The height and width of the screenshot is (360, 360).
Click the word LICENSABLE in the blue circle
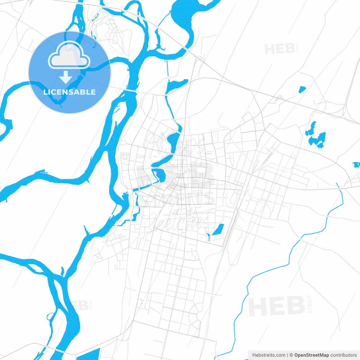click(x=69, y=92)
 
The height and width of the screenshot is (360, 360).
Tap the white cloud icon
click(x=69, y=55)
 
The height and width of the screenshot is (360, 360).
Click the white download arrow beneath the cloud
click(x=66, y=77)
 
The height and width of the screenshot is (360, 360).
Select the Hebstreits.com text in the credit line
click(x=269, y=355)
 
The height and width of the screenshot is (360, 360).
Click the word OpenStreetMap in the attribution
click(x=311, y=355)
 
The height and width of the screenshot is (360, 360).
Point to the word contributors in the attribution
click(x=343, y=355)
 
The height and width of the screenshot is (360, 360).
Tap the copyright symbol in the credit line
click(x=291, y=355)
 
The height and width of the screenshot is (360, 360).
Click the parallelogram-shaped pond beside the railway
click(x=218, y=229)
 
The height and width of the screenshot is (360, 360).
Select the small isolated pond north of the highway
click(x=302, y=89)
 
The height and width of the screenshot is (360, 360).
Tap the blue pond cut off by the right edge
click(x=357, y=165)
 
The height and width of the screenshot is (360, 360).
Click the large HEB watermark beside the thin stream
click(x=277, y=306)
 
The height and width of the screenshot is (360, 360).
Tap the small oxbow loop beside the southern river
click(x=51, y=316)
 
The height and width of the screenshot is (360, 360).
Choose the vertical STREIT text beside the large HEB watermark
click(x=310, y=304)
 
